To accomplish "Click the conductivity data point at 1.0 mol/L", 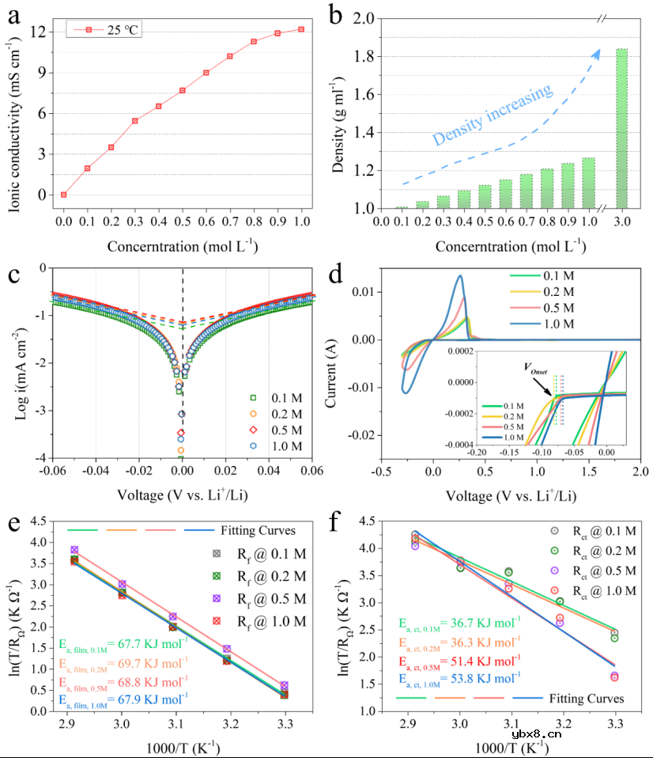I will coord(300,29).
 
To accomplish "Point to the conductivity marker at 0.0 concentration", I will coord(63,195).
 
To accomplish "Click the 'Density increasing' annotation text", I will coord(492,116).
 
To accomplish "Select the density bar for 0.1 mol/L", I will coord(402,207).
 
